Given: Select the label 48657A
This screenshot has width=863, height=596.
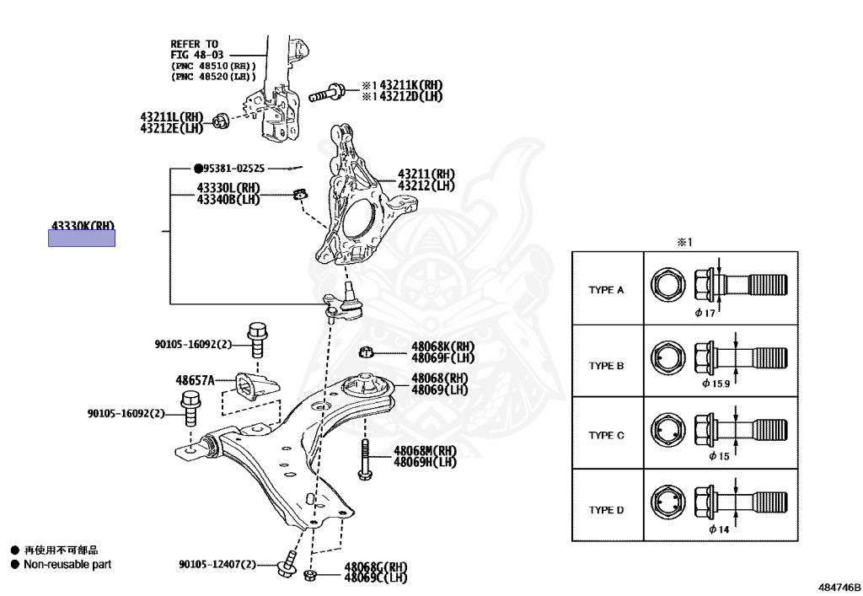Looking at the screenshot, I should click(195, 380).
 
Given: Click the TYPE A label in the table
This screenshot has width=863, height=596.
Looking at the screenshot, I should click(606, 290).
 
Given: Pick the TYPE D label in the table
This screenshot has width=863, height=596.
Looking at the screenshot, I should click(606, 510).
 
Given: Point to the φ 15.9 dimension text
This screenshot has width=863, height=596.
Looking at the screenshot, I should click(717, 384).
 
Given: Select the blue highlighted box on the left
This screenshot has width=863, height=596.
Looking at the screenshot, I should click(81, 239).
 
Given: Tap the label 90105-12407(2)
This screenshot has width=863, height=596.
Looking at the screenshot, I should click(217, 564).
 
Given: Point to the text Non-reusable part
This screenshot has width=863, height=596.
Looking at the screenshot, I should click(67, 564).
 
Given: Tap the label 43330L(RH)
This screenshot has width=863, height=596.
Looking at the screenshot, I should click(228, 188).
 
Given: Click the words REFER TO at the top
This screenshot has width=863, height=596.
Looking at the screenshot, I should click(194, 44).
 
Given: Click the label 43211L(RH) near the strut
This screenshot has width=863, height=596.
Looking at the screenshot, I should click(172, 116).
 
